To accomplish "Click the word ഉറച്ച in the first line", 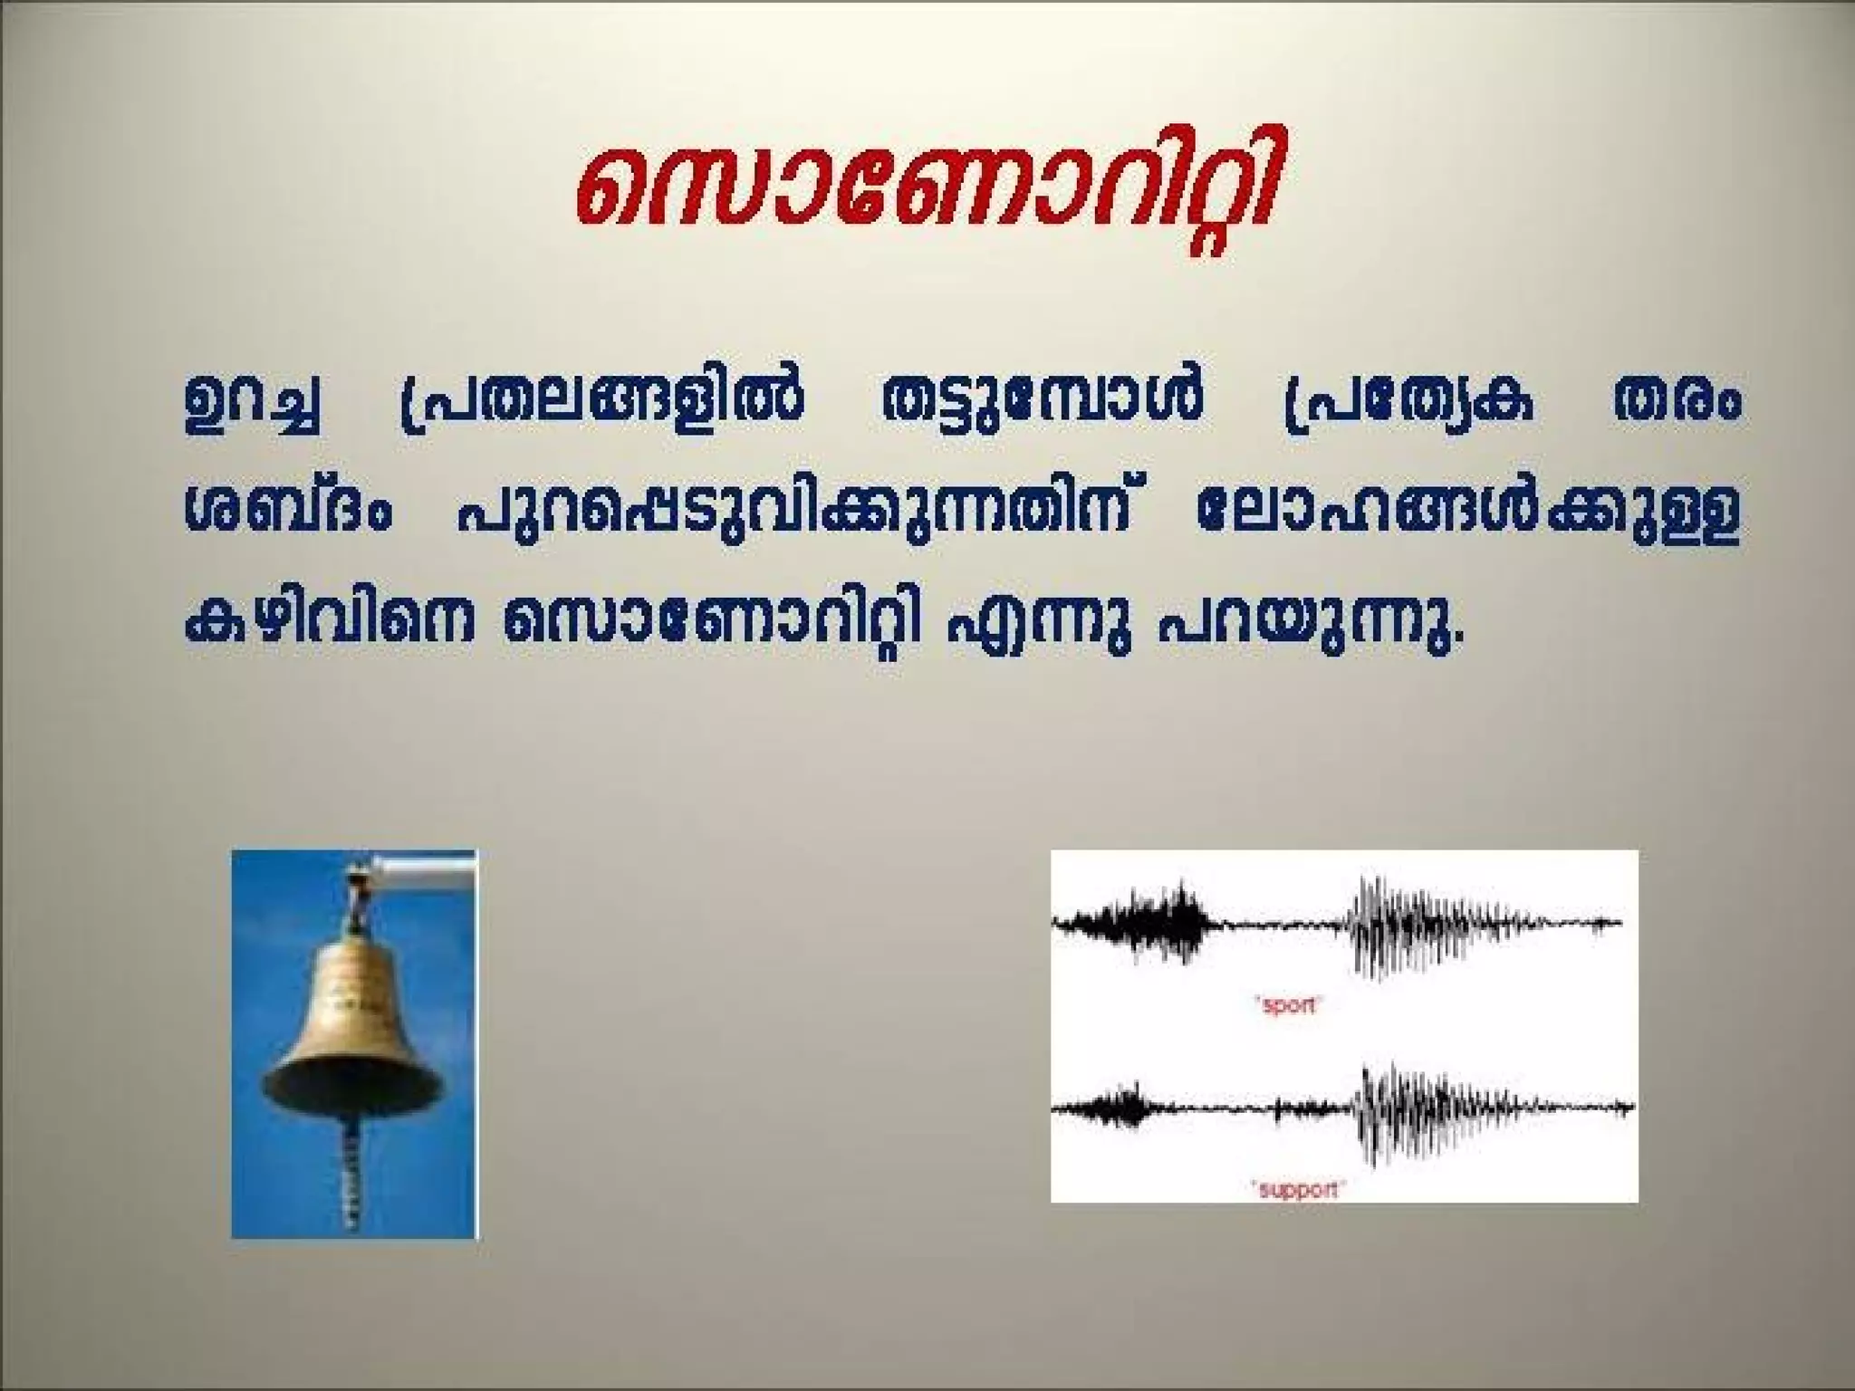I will [x=251, y=403].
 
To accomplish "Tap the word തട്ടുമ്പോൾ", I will [x=1042, y=403].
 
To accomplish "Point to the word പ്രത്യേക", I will [x=1408, y=403].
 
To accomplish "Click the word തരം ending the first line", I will [x=1676, y=403].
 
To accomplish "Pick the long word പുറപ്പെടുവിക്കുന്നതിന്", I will [x=797, y=514].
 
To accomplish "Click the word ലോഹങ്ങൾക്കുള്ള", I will [x=1467, y=514].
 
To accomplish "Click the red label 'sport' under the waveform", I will [x=1288, y=1004].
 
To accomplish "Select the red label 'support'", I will [x=1297, y=1188].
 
